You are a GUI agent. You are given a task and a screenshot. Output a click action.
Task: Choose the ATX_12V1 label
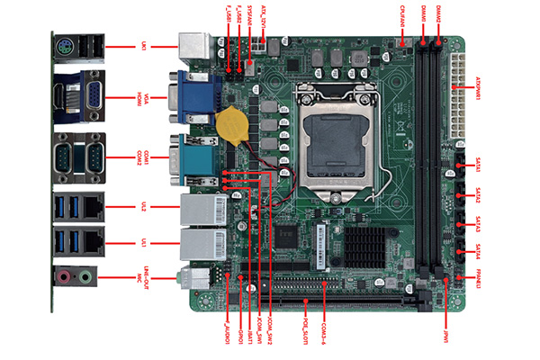point(264,14)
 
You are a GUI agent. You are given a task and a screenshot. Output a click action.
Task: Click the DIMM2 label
point(438,13)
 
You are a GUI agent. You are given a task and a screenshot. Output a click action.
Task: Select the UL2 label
point(143,207)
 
